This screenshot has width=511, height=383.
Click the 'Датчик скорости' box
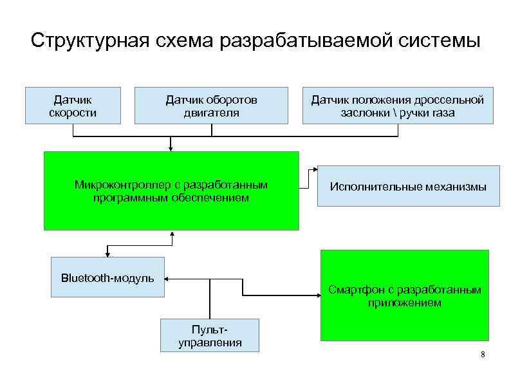[73, 106]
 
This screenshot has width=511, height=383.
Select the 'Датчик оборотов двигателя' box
[211, 106]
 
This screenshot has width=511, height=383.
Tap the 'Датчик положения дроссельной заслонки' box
[397, 106]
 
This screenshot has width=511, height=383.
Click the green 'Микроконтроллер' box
[171, 191]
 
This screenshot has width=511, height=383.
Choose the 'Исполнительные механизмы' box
[408, 187]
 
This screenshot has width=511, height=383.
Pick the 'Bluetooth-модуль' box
[107, 278]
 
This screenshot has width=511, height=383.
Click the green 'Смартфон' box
[404, 295]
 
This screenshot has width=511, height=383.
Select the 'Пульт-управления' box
[210, 335]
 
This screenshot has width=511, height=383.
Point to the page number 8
[483, 356]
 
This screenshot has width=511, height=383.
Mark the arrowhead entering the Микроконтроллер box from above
[171, 148]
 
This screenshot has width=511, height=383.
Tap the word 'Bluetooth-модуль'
[107, 278]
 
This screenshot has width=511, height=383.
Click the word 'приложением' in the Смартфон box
[405, 303]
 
